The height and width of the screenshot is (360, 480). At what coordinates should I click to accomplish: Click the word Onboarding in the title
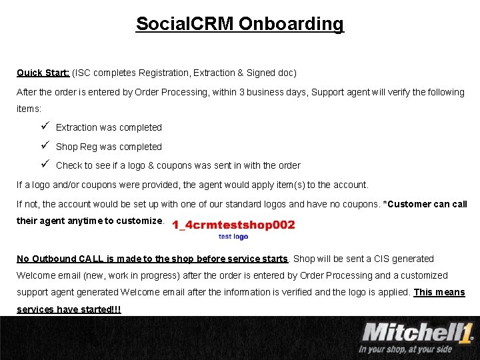[x=291, y=24]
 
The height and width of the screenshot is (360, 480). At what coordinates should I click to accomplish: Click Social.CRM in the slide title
[x=185, y=24]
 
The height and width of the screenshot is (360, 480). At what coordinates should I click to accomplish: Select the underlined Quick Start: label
[x=43, y=72]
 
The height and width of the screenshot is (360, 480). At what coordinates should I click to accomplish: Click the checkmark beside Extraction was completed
[x=44, y=127]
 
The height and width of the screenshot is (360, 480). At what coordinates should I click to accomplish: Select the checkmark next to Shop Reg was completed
[x=44, y=146]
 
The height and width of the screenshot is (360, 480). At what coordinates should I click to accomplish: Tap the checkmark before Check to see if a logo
[x=44, y=165]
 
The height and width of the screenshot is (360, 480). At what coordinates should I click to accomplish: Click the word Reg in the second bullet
[x=88, y=147]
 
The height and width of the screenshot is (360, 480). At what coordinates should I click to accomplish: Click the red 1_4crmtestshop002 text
[x=233, y=225]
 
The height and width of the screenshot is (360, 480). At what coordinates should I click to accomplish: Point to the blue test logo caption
[x=233, y=237]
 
